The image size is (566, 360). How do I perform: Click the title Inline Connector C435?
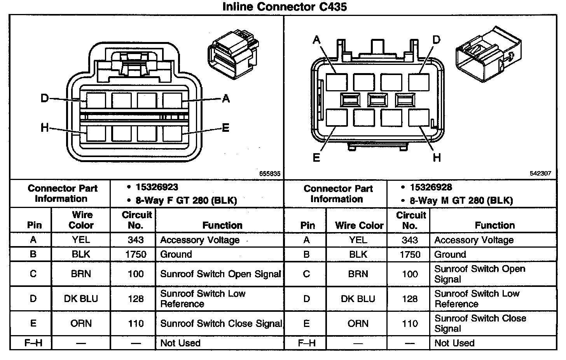tap(285, 7)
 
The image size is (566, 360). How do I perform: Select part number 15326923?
tap(157, 187)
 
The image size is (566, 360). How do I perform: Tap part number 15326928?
tap(431, 187)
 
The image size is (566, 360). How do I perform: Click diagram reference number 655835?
tap(270, 173)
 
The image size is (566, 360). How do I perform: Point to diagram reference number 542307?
tap(540, 173)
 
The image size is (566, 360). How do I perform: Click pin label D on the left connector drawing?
tap(45, 98)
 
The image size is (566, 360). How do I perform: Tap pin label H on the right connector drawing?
tap(437, 157)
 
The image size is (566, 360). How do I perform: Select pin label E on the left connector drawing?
tap(225, 128)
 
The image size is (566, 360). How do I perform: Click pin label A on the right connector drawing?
tap(316, 40)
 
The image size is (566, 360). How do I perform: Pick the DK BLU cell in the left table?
tap(81, 299)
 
